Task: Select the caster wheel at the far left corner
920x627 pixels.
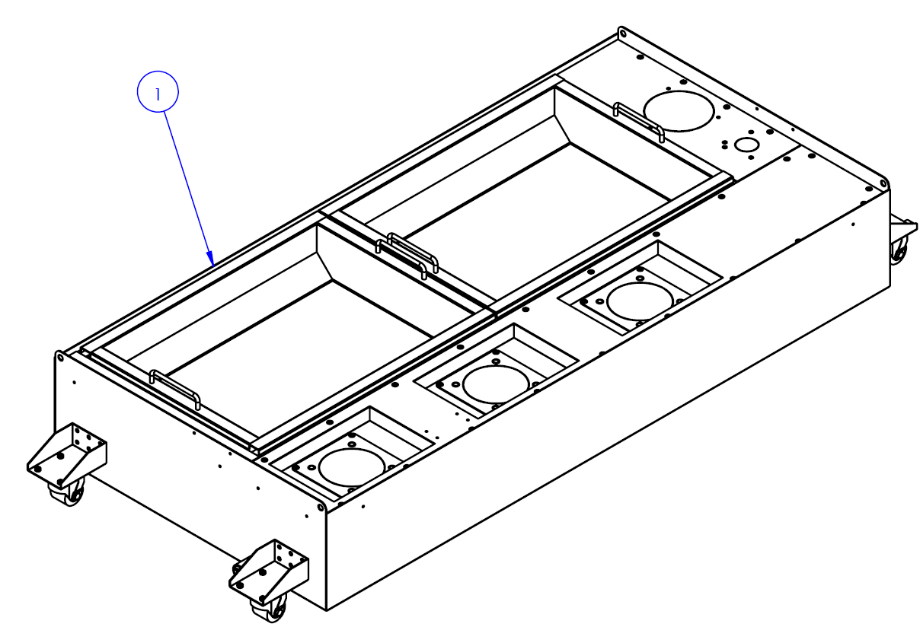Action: pyautogui.click(x=67, y=495)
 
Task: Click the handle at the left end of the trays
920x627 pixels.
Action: pyautogui.click(x=175, y=388)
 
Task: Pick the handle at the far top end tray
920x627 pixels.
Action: pyautogui.click(x=638, y=120)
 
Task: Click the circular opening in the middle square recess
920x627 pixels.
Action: pyautogui.click(x=495, y=384)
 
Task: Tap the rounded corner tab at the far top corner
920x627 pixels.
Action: pyautogui.click(x=623, y=33)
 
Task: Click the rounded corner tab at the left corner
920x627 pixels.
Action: pyautogui.click(x=59, y=356)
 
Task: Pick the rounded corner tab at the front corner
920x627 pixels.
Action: pyautogui.click(x=321, y=505)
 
